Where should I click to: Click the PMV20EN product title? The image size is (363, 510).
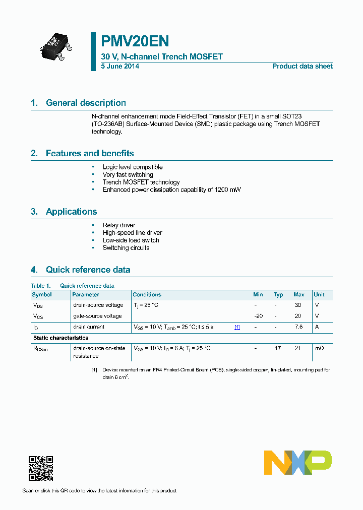[x=135, y=41]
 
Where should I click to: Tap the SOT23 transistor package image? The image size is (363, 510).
[x=56, y=46]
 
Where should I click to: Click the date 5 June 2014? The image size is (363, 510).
[x=120, y=66]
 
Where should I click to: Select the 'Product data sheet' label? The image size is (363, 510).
[x=302, y=66]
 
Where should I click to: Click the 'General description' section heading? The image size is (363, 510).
[x=86, y=103]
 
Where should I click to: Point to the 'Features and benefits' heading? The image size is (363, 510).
[x=90, y=153]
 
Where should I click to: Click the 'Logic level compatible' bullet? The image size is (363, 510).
[x=133, y=167]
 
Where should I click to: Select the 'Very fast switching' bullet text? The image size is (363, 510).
[x=128, y=174]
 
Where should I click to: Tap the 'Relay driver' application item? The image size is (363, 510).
[x=119, y=225]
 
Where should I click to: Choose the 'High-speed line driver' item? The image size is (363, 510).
[x=132, y=233]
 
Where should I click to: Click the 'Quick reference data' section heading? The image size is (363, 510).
[x=88, y=270]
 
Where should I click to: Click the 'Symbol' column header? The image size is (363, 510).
[x=42, y=294]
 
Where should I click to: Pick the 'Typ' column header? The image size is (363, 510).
[x=278, y=294]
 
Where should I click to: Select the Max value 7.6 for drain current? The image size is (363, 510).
[x=298, y=327]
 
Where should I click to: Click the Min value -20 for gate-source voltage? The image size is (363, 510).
[x=258, y=316]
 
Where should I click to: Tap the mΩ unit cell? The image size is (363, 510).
[x=319, y=348]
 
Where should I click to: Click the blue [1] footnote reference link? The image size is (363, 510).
[x=237, y=327]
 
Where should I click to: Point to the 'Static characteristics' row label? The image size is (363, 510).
[x=60, y=338]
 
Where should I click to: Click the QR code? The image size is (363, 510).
[x=41, y=468]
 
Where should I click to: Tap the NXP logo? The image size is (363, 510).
[x=298, y=463]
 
